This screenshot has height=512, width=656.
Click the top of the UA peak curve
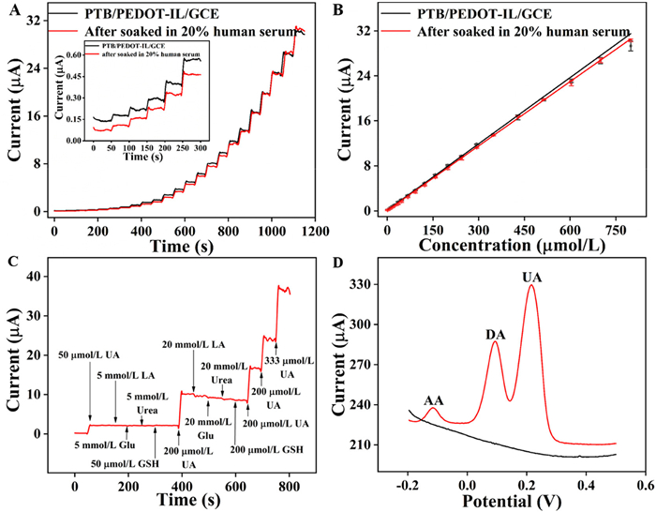coord(531,286)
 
